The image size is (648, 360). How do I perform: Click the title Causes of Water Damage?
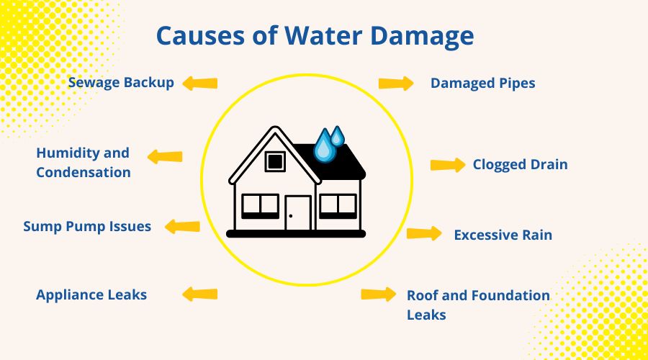coord(315,36)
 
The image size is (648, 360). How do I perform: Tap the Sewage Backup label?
coord(121,82)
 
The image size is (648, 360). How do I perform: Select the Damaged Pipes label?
coord(482,84)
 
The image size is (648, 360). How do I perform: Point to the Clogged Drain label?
coord(520,165)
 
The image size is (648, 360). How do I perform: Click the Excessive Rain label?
coord(503,235)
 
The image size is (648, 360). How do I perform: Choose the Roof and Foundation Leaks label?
coord(477,305)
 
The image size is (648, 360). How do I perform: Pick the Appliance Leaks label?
coord(91,294)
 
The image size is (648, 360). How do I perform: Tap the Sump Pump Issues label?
coord(87,226)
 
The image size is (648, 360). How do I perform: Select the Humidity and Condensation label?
coord(83,163)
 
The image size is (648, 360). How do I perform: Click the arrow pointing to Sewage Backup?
coord(199,84)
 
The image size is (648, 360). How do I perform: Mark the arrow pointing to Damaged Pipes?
coord(397,84)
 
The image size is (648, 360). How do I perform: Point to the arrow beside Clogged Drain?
coord(448,165)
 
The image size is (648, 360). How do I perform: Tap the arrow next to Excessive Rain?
coord(424,233)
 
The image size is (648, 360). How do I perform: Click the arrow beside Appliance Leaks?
coord(199,294)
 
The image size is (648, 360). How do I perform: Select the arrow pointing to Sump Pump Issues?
coord(182,226)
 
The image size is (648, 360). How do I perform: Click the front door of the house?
coord(298,212)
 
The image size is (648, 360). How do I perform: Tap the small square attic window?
coord(274,161)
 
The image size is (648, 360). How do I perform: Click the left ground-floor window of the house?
coord(260,206)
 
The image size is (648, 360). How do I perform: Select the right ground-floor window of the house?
coord(338,206)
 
